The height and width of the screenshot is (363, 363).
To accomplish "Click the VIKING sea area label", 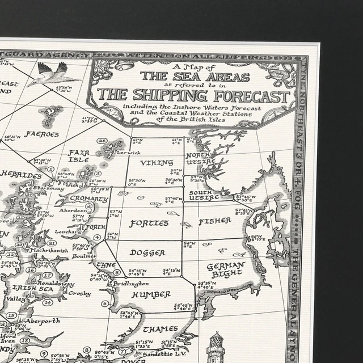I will coord(157,163).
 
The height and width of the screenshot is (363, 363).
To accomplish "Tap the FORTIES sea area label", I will coord(149,223).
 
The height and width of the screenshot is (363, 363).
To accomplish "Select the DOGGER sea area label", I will coord(147,252).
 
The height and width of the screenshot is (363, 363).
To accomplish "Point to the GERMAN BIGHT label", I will coord(225,270).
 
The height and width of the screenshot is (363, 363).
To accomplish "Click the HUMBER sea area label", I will coord(150,294).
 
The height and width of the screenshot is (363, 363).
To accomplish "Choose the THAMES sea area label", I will coord(160,329).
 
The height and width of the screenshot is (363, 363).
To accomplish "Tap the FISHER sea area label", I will coord(214,220).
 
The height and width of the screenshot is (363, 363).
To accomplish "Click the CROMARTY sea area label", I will coord(89,199).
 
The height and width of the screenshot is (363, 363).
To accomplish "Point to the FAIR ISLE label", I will coord(78,156).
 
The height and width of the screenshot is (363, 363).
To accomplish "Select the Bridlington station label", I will coord(131,283).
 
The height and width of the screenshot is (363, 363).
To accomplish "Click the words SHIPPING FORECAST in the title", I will coord(193,95).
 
